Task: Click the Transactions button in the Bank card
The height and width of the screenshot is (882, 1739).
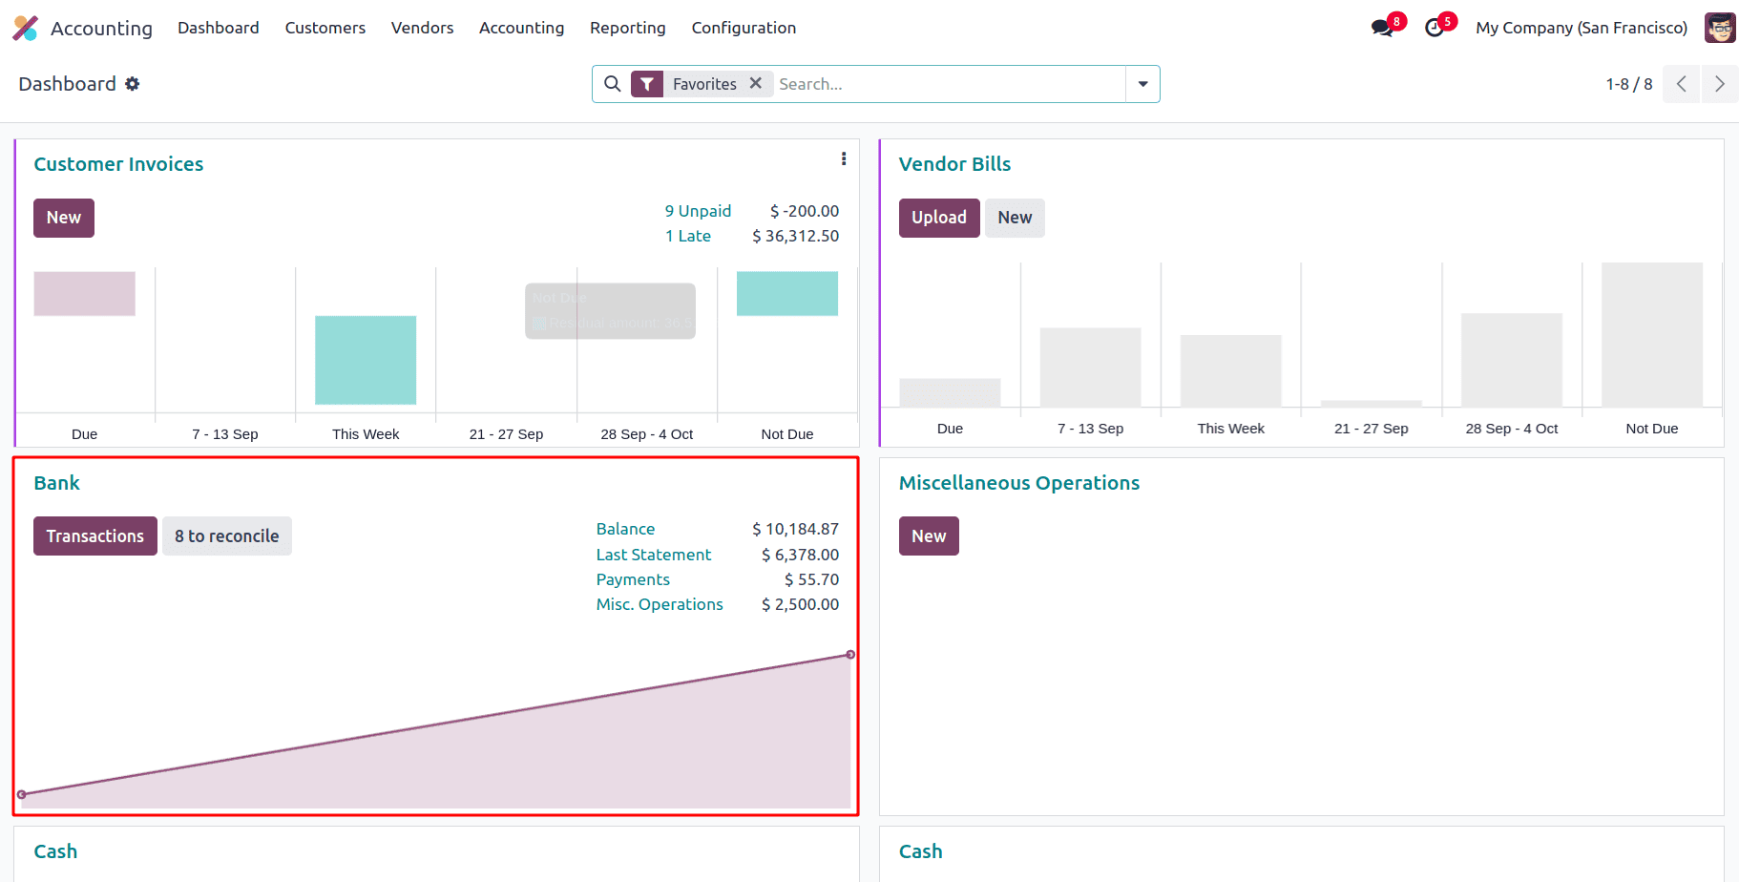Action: click(x=95, y=536)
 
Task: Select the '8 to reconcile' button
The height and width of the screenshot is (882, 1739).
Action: click(x=227, y=536)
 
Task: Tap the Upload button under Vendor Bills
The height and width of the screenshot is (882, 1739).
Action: click(x=938, y=218)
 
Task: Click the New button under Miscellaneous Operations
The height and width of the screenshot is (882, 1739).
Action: click(x=928, y=536)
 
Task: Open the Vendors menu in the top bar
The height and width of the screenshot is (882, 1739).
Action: click(x=422, y=28)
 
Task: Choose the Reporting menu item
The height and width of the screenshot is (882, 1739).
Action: click(x=627, y=28)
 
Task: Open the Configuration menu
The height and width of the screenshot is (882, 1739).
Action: click(x=744, y=28)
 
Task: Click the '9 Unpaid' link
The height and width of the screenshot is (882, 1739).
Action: click(x=698, y=211)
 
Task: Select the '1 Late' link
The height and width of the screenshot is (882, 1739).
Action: click(x=688, y=236)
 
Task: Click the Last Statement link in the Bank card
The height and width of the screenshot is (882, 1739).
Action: click(x=654, y=555)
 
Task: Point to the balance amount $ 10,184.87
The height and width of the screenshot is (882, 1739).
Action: click(x=795, y=529)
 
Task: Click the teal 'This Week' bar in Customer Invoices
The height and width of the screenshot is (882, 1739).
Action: click(x=366, y=360)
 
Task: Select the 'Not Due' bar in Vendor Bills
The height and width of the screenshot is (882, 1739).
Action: click(x=1651, y=335)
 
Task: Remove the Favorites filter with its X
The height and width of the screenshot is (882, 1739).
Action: click(x=756, y=83)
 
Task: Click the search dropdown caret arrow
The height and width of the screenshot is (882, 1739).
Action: click(x=1142, y=84)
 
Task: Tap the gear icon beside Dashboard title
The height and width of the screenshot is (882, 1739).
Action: click(x=133, y=84)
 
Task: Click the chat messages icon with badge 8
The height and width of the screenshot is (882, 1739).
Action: click(x=1381, y=28)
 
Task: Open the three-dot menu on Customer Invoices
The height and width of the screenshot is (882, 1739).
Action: click(x=844, y=159)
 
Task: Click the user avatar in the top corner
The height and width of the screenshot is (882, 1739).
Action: click(x=1720, y=28)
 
